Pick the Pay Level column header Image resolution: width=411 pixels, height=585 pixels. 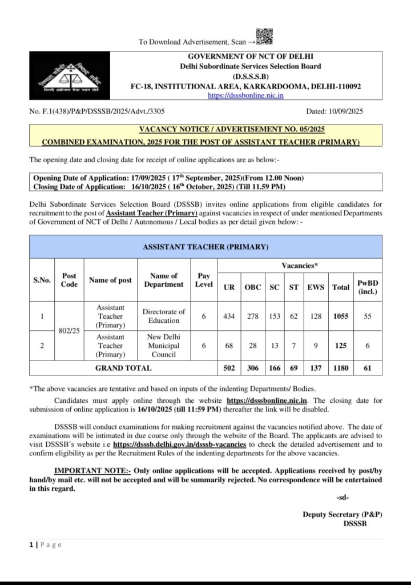click(x=204, y=280)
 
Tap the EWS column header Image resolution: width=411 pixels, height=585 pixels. click(x=315, y=287)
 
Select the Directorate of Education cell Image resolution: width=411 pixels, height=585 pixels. click(x=164, y=316)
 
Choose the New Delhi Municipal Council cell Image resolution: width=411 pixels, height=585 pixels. click(x=164, y=346)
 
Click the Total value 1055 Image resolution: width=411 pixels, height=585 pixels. click(x=341, y=316)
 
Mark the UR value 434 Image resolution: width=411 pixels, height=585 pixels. click(x=228, y=316)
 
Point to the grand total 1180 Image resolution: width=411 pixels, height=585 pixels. click(x=341, y=368)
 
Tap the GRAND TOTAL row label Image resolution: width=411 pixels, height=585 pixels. click(x=123, y=368)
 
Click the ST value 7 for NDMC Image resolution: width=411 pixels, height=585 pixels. click(x=293, y=346)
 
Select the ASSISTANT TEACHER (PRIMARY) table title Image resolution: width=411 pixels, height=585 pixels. click(x=205, y=247)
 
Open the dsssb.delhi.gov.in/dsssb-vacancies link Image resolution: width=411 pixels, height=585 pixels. click(x=180, y=444)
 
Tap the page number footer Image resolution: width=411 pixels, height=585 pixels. click(x=45, y=544)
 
